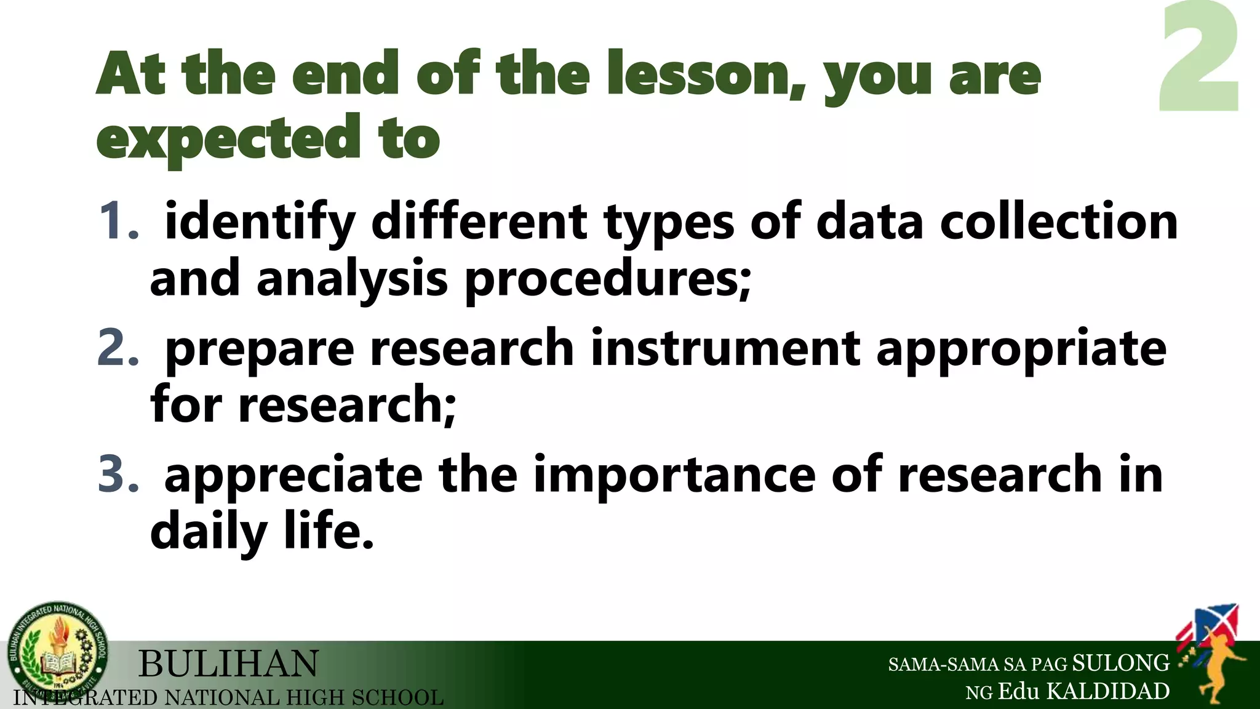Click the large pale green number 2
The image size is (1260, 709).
(1200, 58)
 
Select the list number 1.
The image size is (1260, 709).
(119, 222)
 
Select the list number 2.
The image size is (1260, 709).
(119, 348)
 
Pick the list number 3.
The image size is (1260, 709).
(119, 475)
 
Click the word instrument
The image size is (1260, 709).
(726, 348)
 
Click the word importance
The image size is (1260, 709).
(674, 476)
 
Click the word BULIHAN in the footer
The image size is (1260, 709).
(228, 664)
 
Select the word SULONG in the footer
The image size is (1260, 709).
(1120, 663)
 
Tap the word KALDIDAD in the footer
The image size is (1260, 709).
(1108, 692)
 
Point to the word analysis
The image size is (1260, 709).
(352, 280)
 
